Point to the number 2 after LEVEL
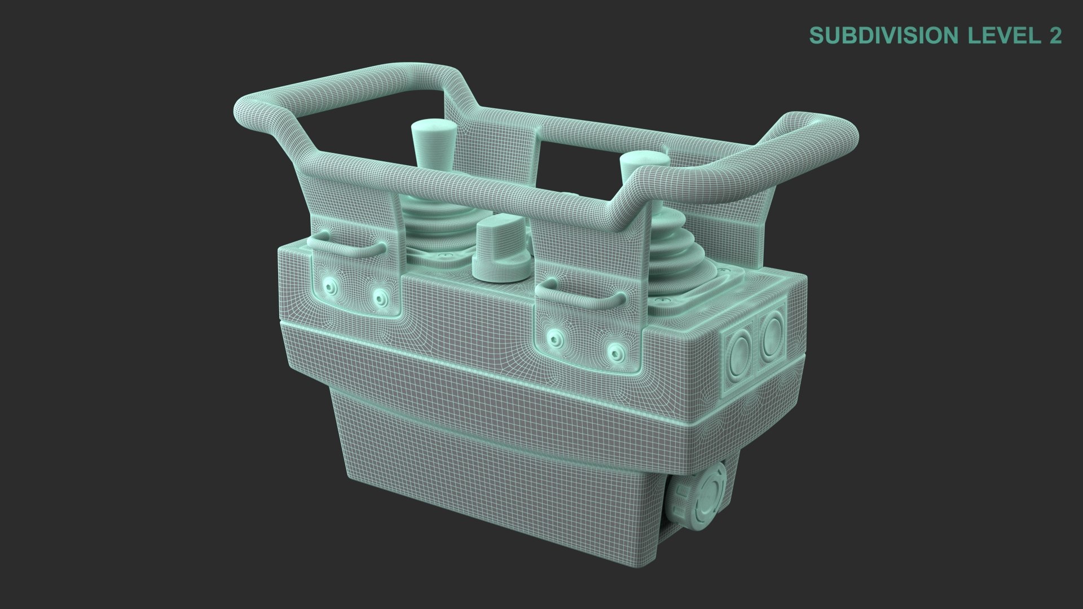tap(1055, 35)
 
